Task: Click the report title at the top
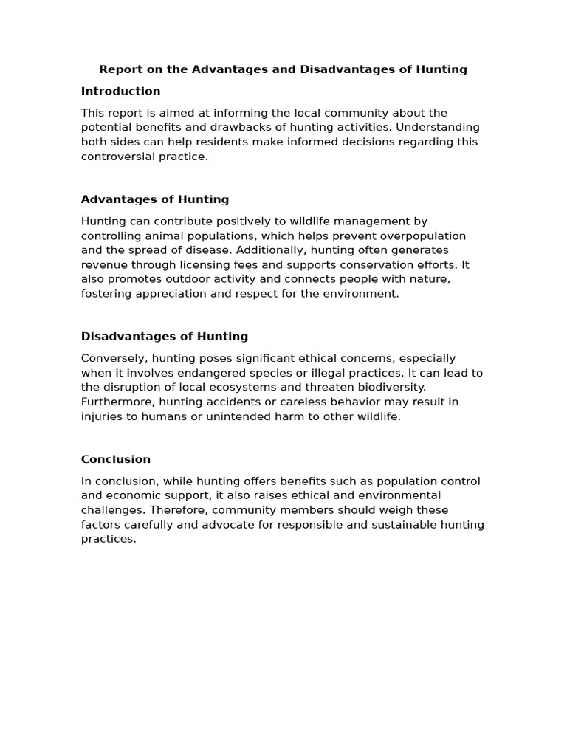coord(283,69)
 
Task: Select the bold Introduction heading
coord(120,92)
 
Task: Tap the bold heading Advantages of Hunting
coord(155,199)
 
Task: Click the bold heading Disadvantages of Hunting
coord(165,337)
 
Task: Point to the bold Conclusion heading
coord(116,459)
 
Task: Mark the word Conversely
coord(114,359)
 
